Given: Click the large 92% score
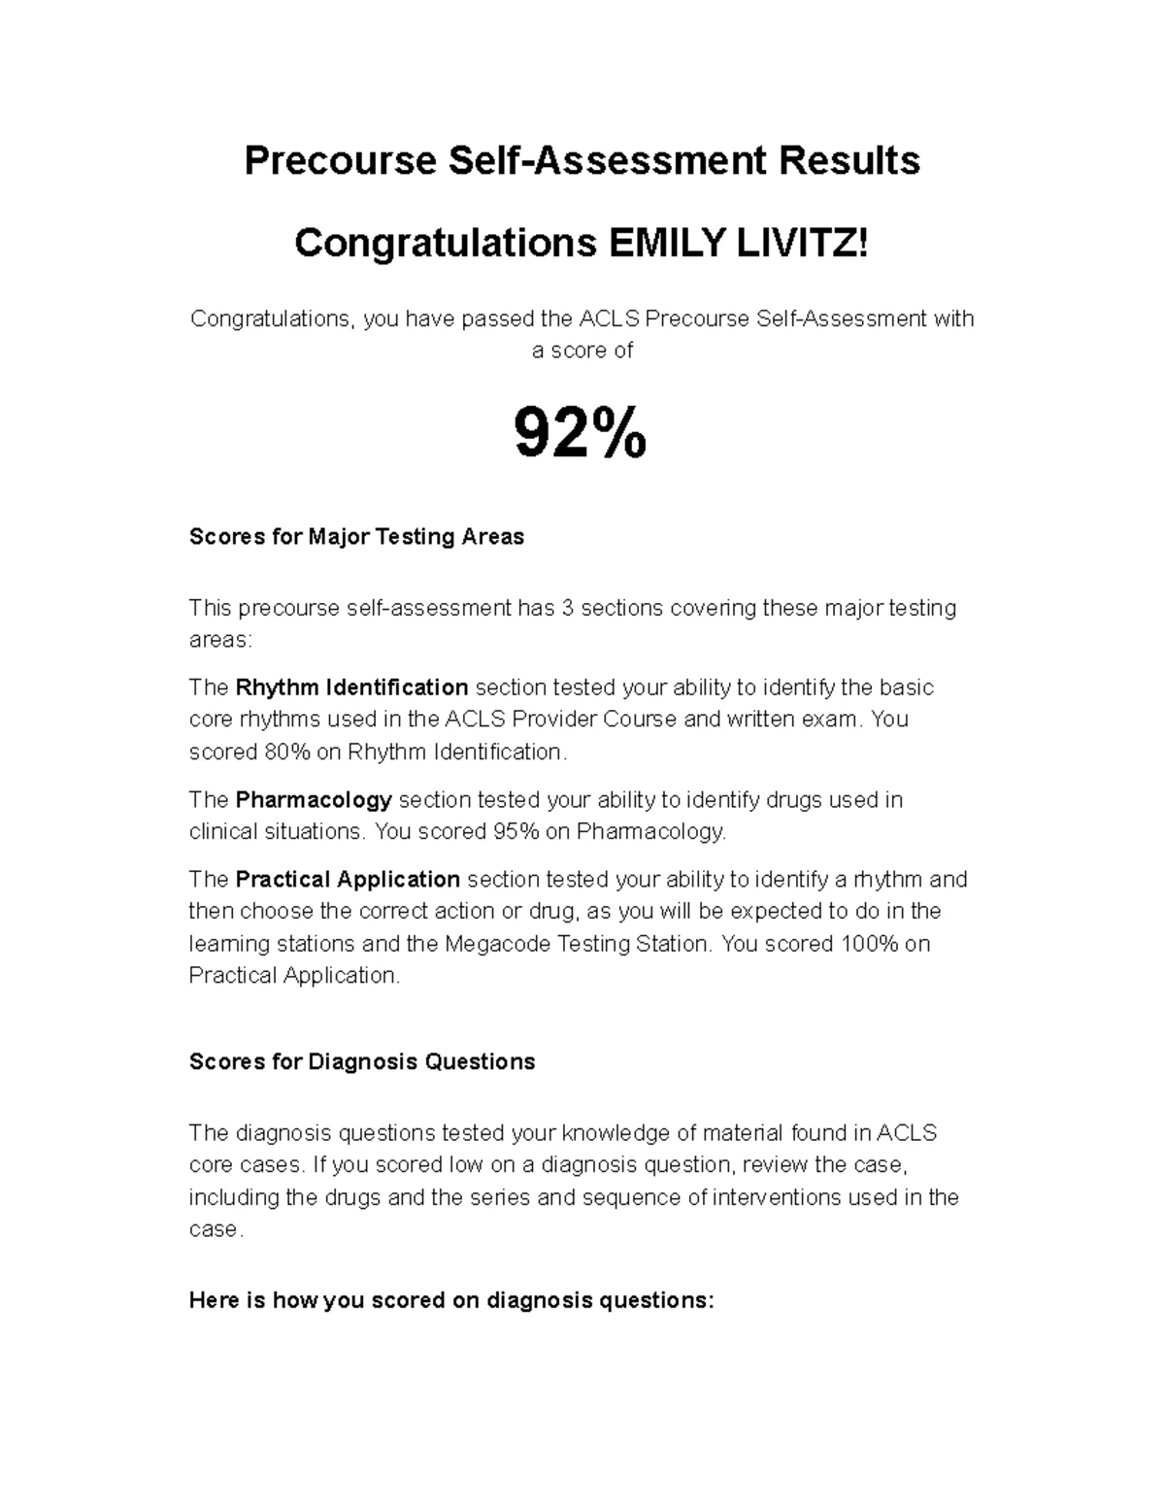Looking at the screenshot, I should click(x=580, y=434).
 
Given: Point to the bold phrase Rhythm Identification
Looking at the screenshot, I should click(x=351, y=687).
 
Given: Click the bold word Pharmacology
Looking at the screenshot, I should click(x=314, y=800).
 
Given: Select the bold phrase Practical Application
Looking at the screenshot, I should click(x=348, y=880).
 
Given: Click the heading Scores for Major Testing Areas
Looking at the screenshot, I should click(x=356, y=537).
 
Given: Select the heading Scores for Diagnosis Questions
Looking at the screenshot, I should click(x=362, y=1061).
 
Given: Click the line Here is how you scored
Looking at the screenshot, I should click(x=451, y=1300).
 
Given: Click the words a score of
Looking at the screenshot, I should click(x=582, y=351).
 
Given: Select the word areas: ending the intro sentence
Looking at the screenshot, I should click(x=219, y=640).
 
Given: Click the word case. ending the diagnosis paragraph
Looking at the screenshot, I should click(x=213, y=1229).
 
